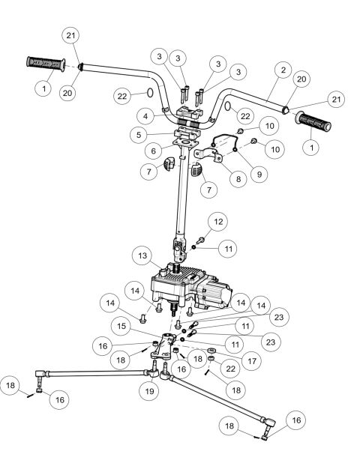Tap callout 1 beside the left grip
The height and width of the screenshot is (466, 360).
tap(43, 88)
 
